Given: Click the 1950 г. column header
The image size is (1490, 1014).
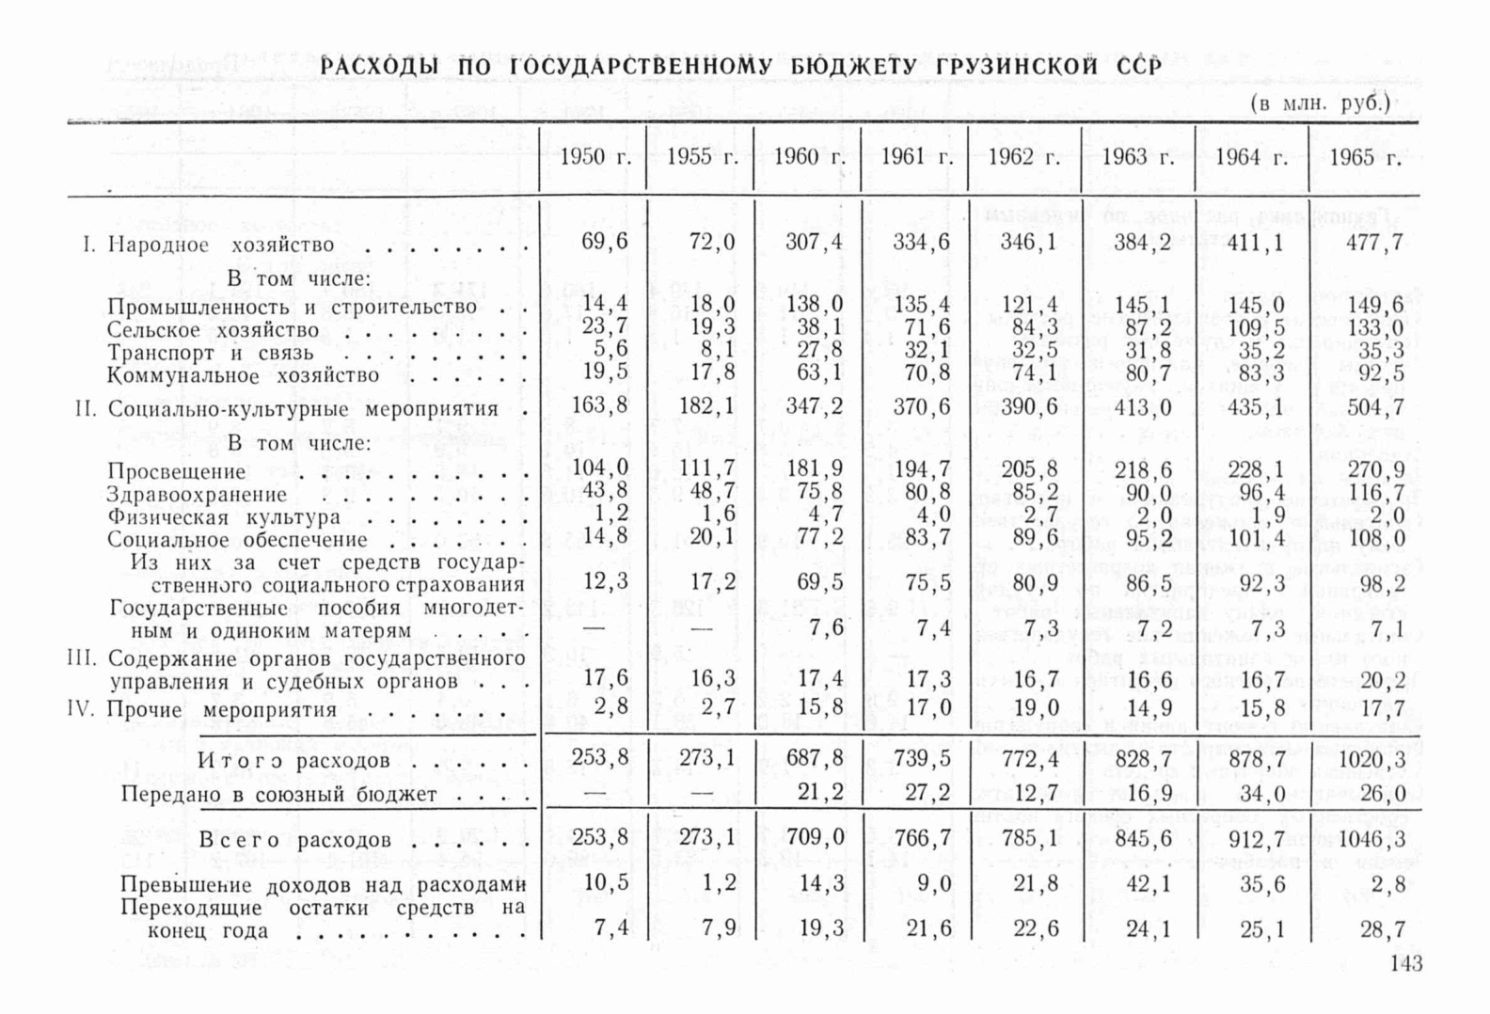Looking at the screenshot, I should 594,157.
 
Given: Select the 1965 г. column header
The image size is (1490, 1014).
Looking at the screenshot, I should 1365,157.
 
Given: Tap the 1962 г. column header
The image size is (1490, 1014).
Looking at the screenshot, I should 1023,157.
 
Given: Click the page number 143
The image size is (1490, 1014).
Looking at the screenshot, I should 1405,963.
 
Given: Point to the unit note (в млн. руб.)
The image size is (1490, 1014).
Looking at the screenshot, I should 1320,103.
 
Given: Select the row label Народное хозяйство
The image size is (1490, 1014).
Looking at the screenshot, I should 221,246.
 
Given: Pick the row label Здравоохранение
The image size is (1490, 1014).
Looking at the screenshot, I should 197,495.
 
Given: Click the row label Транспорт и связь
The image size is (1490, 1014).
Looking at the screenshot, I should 210,353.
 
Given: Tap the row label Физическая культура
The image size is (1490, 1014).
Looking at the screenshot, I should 224,517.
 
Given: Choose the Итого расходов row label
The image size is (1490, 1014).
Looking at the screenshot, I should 293,760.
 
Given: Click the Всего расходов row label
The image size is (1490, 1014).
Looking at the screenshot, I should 294,839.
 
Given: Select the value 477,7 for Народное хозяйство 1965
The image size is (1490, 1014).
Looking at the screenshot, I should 1374,243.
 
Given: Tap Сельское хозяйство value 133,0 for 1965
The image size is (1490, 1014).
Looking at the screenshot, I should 1375,327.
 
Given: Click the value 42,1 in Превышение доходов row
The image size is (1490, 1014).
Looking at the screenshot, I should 1149,884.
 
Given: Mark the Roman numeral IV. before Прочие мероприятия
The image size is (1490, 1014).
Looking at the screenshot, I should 81,708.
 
